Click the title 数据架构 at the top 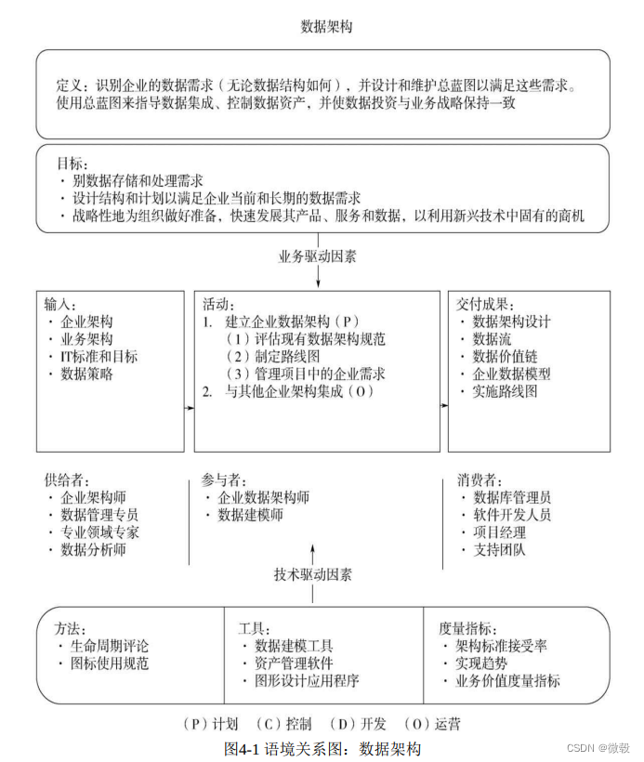[326, 27]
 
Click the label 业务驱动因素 [318, 256]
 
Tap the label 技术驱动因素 [314, 574]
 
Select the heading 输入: [61, 304]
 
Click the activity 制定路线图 [280, 357]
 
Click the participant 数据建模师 [250, 515]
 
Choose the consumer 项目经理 [499, 532]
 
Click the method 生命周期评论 [109, 646]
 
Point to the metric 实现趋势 [481, 663]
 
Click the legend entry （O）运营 [432, 724]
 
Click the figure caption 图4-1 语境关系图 [322, 747]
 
